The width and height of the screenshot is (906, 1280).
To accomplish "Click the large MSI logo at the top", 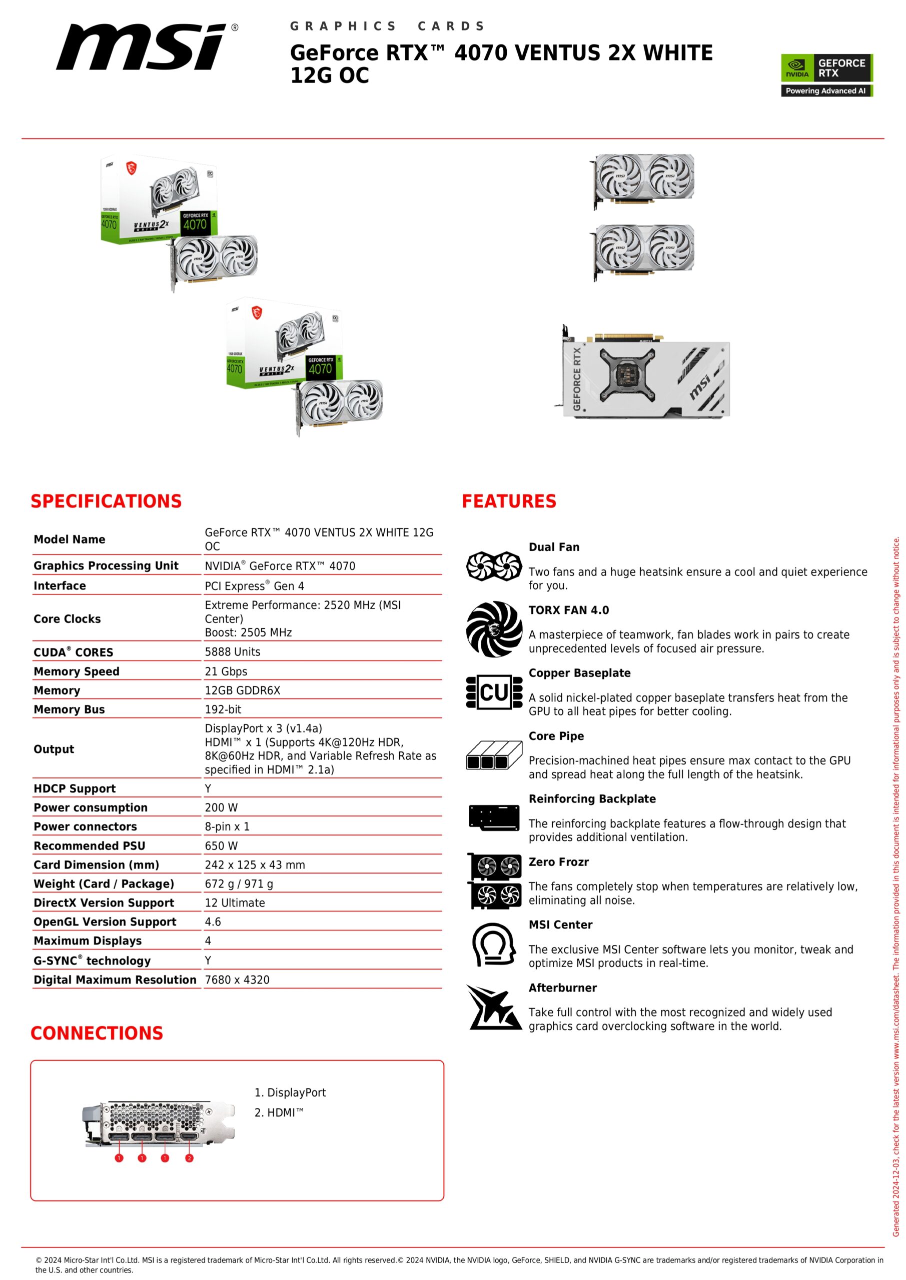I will pyautogui.click(x=142, y=47).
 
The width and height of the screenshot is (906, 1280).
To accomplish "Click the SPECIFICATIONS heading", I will pyautogui.click(x=106, y=501).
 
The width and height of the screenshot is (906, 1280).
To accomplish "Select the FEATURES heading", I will pyautogui.click(x=508, y=501).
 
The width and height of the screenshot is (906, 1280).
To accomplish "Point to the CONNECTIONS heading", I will pyautogui.click(x=97, y=1033).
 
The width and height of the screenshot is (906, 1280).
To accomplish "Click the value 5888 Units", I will pyautogui.click(x=232, y=651).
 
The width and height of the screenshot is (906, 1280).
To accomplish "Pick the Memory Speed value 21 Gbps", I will pyautogui.click(x=226, y=671).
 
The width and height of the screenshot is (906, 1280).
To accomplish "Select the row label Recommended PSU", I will pyautogui.click(x=89, y=845).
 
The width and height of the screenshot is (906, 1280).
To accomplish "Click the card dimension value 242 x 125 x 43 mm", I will pyautogui.click(x=255, y=864).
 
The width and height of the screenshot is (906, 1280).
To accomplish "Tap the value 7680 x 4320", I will pyautogui.click(x=237, y=979).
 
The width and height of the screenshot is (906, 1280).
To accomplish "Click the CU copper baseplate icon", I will pyautogui.click(x=494, y=692).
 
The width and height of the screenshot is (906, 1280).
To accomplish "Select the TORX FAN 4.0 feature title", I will pyautogui.click(x=568, y=610).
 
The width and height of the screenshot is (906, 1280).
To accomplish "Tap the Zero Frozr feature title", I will pyautogui.click(x=558, y=862).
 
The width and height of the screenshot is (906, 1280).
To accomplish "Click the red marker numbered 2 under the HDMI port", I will pyautogui.click(x=189, y=1158).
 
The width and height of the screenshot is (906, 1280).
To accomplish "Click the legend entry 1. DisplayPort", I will pyautogui.click(x=290, y=1092).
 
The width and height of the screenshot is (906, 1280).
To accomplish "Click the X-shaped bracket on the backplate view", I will pyautogui.click(x=626, y=374).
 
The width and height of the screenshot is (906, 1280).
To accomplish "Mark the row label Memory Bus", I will pyautogui.click(x=69, y=709).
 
